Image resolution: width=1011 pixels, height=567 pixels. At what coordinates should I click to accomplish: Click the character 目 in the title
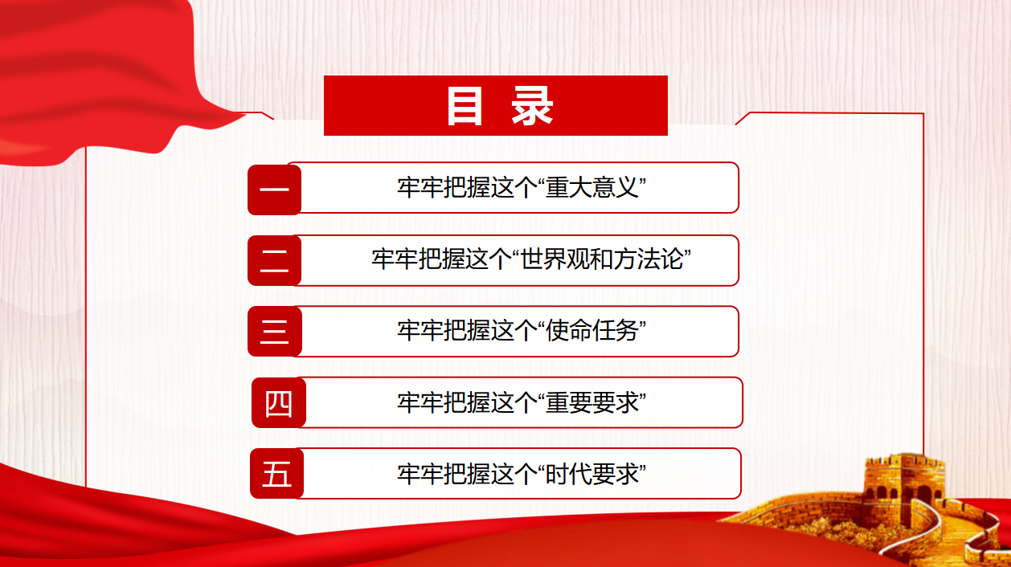pyautogui.click(x=465, y=105)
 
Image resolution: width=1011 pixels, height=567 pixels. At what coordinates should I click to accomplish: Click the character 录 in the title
pyautogui.click(x=532, y=105)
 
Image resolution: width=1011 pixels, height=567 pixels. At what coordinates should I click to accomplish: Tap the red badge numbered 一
pyautogui.click(x=274, y=190)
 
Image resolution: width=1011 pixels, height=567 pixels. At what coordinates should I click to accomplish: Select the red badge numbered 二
pyautogui.click(x=274, y=260)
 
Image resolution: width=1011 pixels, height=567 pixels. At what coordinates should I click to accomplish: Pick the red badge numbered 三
pyautogui.click(x=274, y=331)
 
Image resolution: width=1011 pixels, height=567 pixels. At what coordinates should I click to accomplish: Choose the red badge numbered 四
pyautogui.click(x=279, y=402)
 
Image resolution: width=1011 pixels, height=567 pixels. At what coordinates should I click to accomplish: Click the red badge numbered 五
pyautogui.click(x=276, y=473)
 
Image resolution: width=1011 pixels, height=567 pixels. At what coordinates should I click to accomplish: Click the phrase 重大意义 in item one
pyautogui.click(x=592, y=187)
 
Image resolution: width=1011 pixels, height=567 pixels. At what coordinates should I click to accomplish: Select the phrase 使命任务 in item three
pyautogui.click(x=592, y=331)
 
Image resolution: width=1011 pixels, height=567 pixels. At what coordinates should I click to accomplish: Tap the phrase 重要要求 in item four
pyautogui.click(x=592, y=402)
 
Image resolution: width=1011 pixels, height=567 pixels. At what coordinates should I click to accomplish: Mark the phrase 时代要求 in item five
pyautogui.click(x=592, y=474)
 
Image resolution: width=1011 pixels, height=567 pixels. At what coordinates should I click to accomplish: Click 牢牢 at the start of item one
pyautogui.click(x=420, y=187)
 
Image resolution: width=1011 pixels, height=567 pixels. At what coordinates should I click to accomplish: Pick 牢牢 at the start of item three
pyautogui.click(x=420, y=331)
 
